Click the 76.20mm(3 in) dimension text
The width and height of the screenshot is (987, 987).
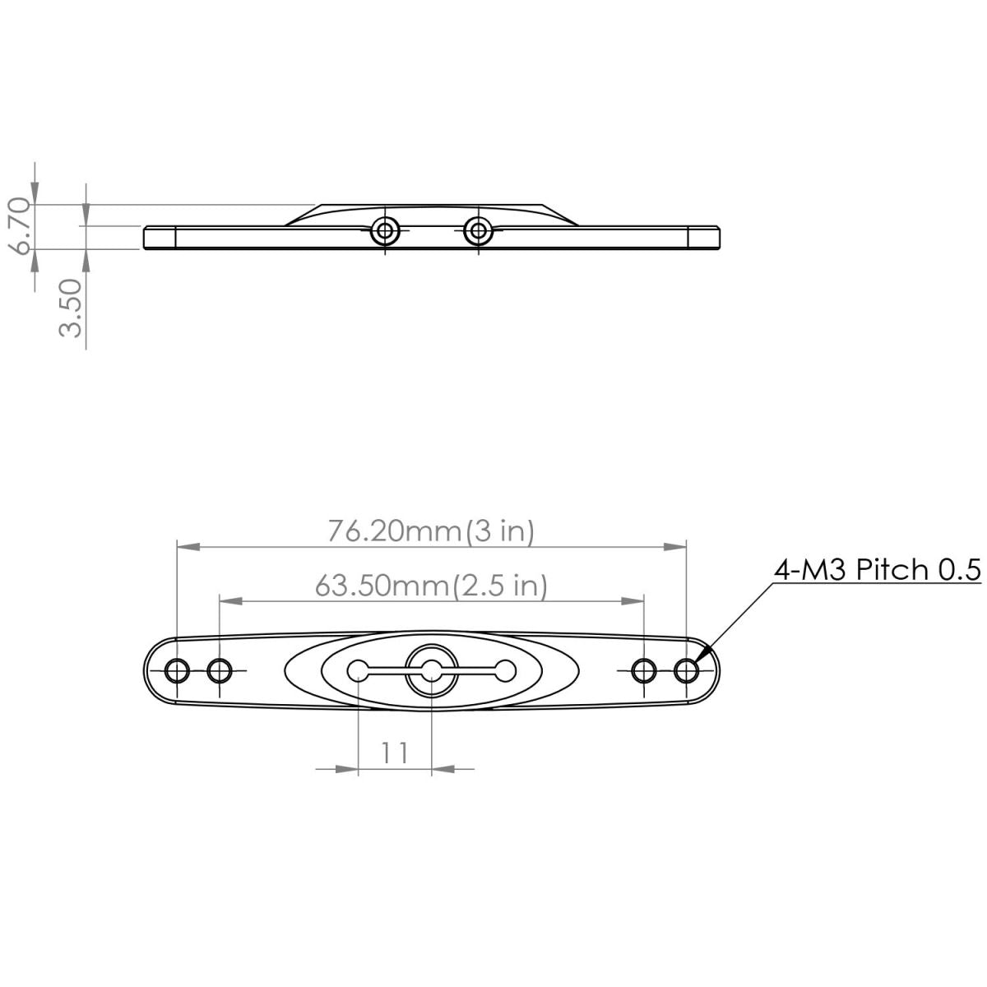tap(431, 531)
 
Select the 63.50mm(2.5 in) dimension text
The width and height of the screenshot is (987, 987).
tap(431, 586)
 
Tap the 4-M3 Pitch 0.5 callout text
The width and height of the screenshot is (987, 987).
tap(878, 569)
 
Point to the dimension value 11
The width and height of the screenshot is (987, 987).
tap(395, 752)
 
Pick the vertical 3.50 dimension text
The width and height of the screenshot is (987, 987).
tap(72, 308)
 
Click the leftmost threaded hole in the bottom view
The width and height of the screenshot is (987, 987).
tap(177, 671)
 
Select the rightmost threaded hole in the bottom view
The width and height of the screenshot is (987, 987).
tap(687, 671)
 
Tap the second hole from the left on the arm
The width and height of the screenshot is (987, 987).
tap(220, 671)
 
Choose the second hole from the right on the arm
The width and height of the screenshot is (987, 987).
tap(644, 671)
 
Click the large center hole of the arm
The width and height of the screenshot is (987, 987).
tap(432, 671)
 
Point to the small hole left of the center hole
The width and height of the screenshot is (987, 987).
tap(359, 671)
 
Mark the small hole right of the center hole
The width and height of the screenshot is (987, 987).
tap(505, 671)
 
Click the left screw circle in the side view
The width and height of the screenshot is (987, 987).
tap(384, 230)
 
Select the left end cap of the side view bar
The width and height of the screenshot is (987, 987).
tap(160, 237)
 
